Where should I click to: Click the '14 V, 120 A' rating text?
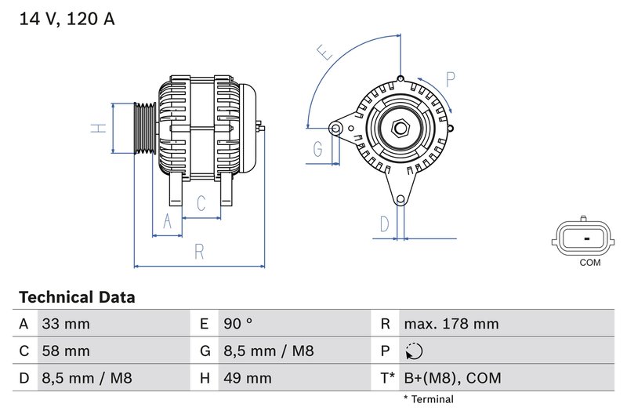click(67, 19)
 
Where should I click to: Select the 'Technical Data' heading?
click(77, 297)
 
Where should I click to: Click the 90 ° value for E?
click(237, 324)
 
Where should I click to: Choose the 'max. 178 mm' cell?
click(451, 324)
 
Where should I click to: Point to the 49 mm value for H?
click(247, 379)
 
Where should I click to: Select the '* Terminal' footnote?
click(428, 399)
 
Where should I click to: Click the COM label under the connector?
click(589, 263)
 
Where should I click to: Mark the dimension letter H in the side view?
click(98, 127)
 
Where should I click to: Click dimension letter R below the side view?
click(199, 251)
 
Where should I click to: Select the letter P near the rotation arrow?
click(451, 79)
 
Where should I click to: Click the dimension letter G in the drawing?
click(318, 147)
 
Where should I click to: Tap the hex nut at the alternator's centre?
click(400, 127)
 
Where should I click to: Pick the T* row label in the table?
click(387, 379)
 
